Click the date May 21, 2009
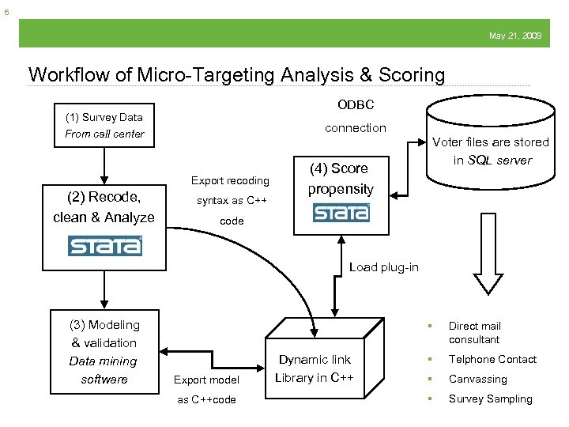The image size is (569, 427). (514, 36)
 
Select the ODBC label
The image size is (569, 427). (356, 104)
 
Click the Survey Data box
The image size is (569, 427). (104, 126)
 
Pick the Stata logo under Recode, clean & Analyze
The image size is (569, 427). (104, 246)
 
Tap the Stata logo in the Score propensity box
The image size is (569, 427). (341, 213)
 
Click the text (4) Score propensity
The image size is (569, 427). (341, 179)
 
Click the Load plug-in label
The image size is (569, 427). (384, 267)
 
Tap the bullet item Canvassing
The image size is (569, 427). (477, 380)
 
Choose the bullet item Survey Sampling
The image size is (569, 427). (490, 399)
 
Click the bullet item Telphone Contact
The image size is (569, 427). (492, 359)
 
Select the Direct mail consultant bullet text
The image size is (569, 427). (475, 332)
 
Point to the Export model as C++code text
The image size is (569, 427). (206, 389)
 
